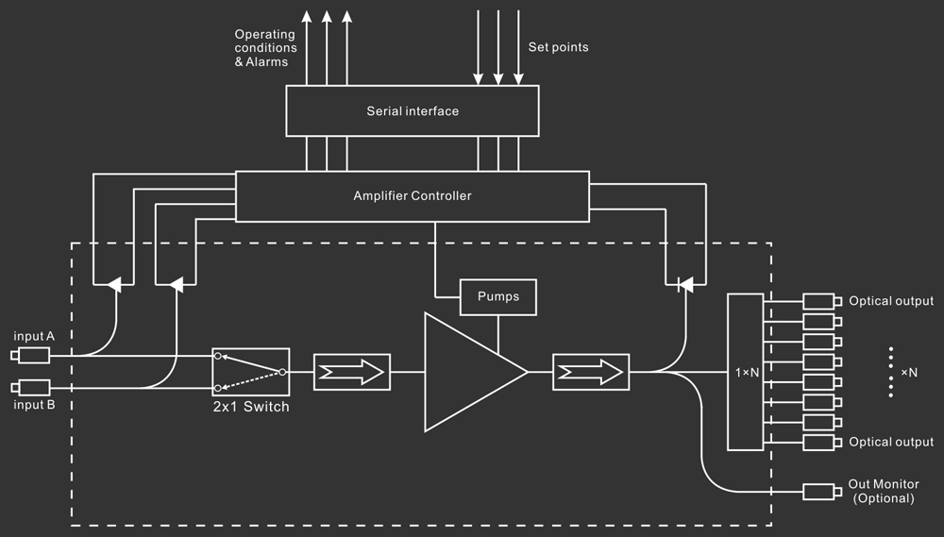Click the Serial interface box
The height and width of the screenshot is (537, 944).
413,110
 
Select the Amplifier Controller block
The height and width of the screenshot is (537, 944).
413,196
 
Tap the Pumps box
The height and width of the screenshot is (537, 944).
498,296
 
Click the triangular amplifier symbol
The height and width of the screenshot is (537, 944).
470,372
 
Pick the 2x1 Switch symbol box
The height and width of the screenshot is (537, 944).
250,372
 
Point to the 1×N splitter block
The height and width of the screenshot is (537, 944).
745,372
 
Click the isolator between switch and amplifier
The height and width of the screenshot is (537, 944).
352,372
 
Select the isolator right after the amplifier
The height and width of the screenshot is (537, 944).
591,372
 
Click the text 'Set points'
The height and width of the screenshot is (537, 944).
559,46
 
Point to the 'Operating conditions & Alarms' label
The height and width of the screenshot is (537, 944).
265,48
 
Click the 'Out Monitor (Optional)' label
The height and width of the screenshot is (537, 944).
884,491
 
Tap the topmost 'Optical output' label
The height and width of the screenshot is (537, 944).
891,301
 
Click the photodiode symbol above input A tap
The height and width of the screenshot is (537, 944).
114,283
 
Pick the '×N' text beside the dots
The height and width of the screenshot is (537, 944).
908,372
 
